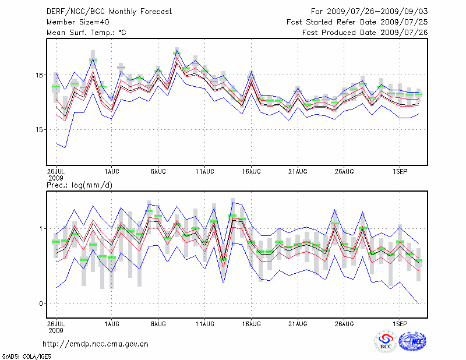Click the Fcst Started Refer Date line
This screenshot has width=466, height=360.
[x=357, y=22]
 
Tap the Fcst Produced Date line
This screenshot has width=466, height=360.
[x=365, y=33]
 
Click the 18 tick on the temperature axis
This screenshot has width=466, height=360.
[x=38, y=75]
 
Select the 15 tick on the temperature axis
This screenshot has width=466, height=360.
[x=38, y=129]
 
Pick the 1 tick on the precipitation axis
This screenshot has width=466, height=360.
[x=41, y=228]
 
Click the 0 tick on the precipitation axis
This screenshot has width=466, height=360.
[x=41, y=303]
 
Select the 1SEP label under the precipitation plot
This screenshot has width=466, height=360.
[x=400, y=322]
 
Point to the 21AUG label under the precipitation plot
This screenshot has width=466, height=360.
[x=298, y=322]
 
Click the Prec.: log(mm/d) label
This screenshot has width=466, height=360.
[x=77, y=185]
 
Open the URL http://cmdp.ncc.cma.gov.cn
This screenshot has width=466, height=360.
[x=96, y=344]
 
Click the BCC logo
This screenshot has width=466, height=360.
[x=386, y=341]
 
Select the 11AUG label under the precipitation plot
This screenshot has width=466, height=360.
[x=204, y=322]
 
